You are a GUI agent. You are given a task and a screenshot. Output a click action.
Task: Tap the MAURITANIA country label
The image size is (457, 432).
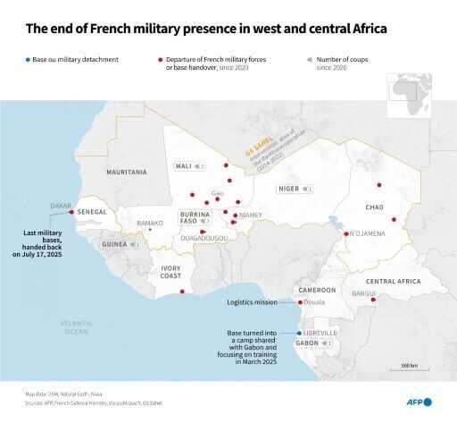coord(127,171)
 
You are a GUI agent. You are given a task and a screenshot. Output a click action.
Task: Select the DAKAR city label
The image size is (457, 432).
coord(62,206)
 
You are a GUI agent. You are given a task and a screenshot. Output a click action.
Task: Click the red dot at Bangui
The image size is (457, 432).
coord(373,300)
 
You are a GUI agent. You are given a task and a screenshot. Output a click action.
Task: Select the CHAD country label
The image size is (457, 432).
coord(374,207)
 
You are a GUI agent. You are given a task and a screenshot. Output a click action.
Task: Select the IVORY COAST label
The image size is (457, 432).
coord(171,272)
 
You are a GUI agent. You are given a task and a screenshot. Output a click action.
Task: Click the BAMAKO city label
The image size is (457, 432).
coord(149,222)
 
